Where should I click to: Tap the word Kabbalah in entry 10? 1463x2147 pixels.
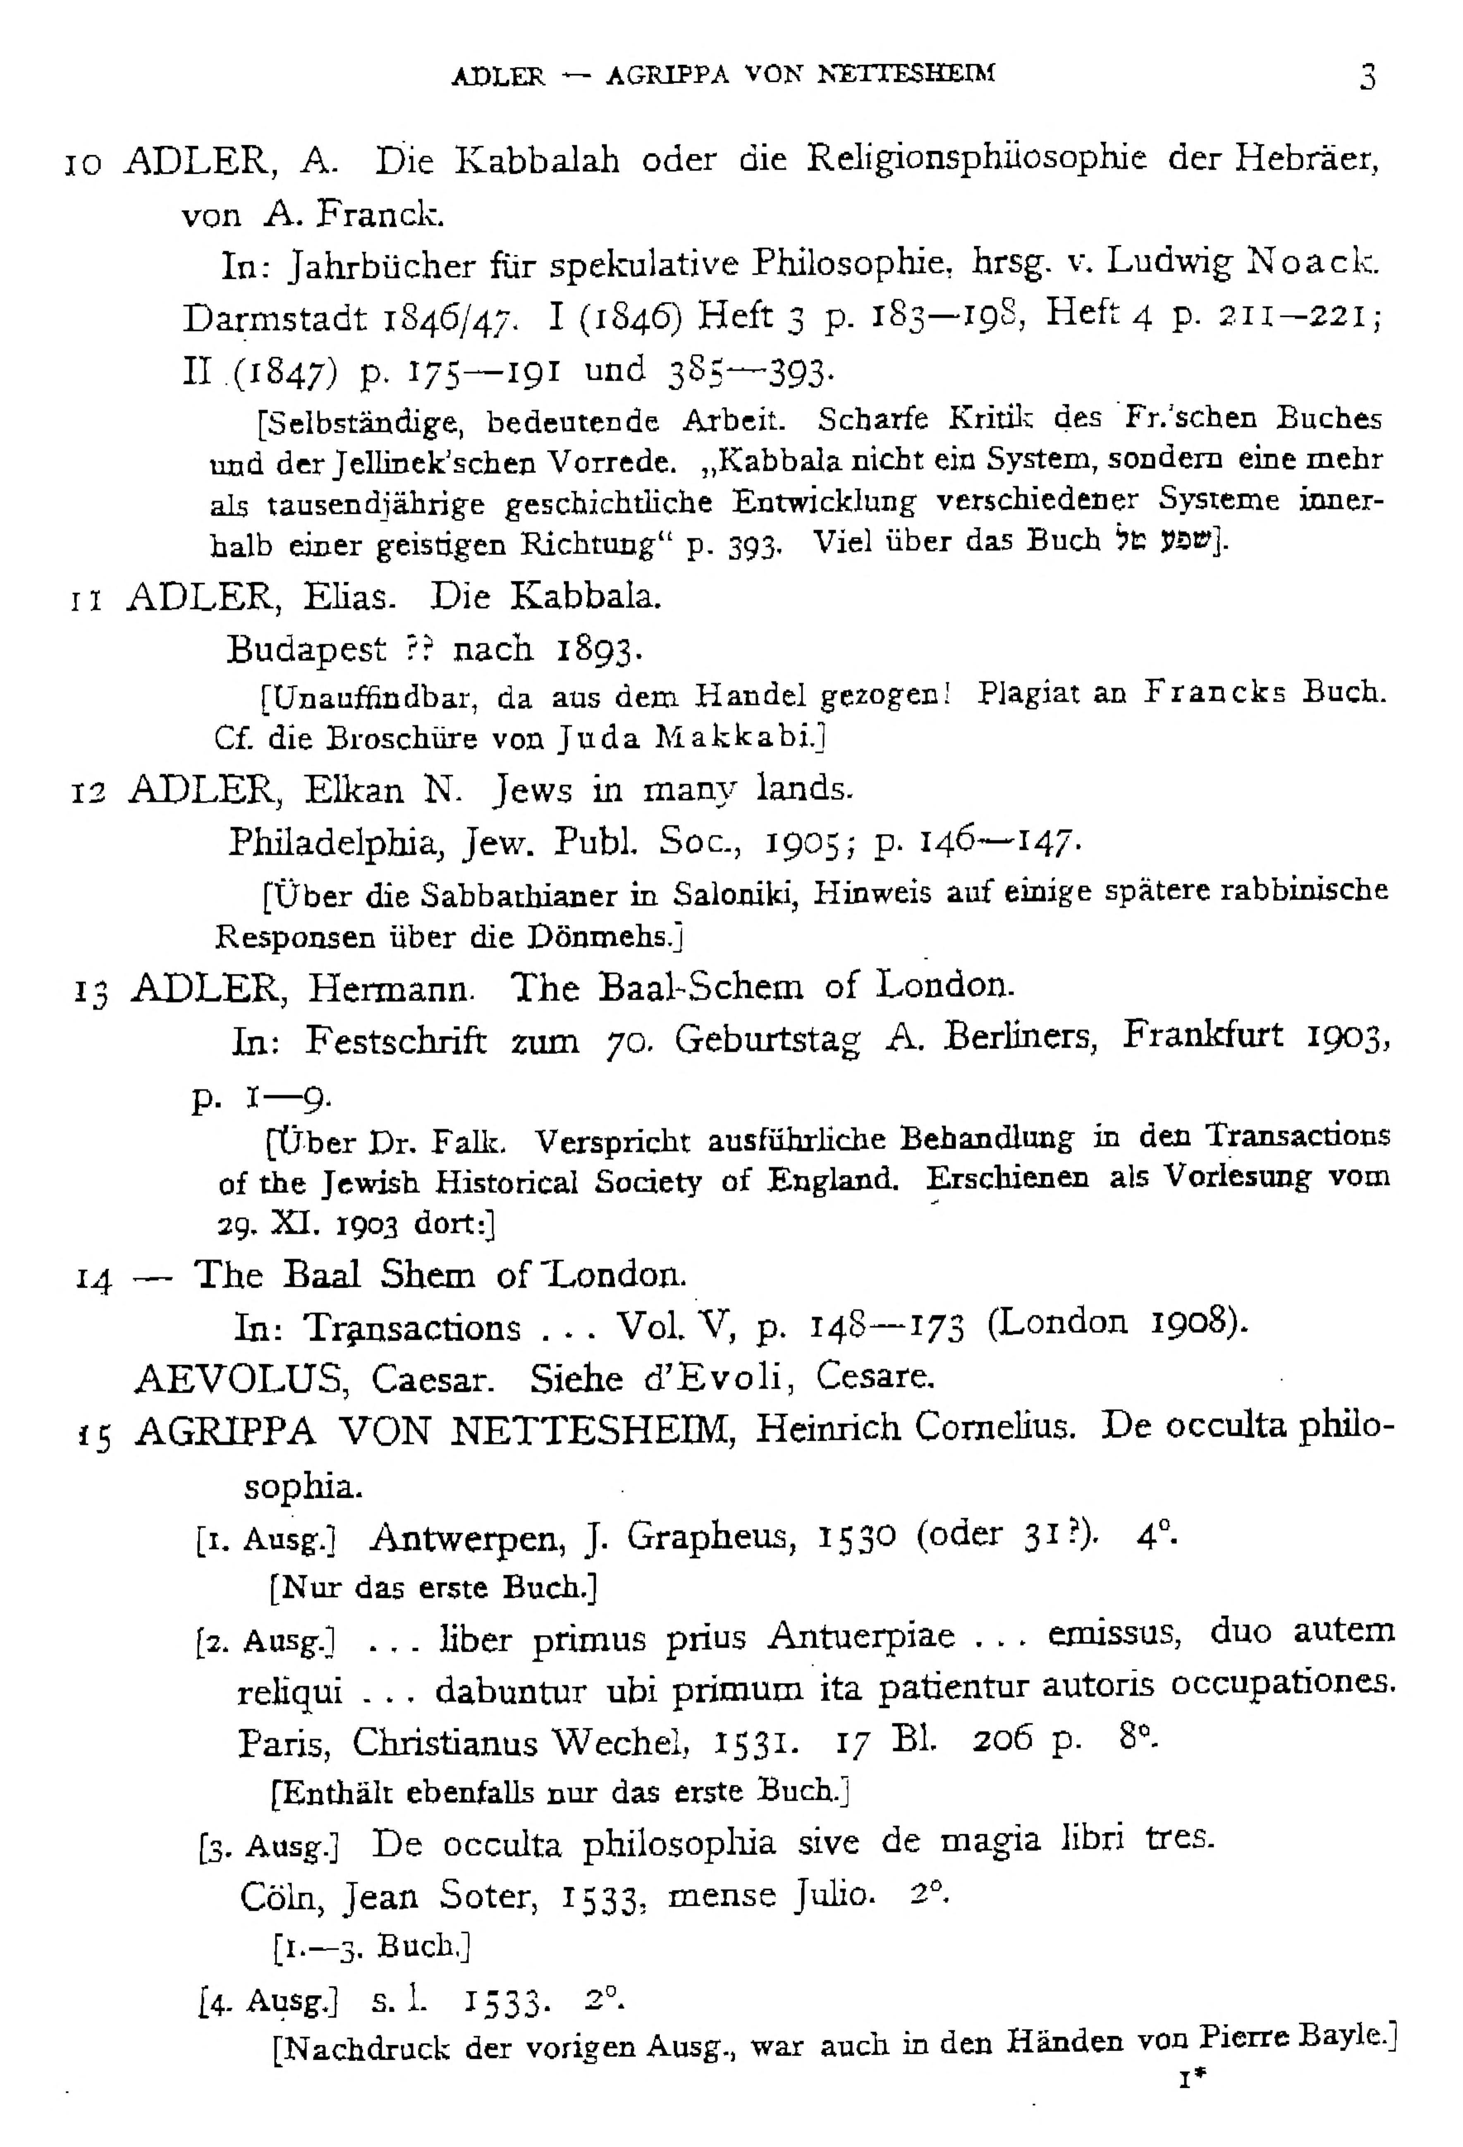click(537, 162)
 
